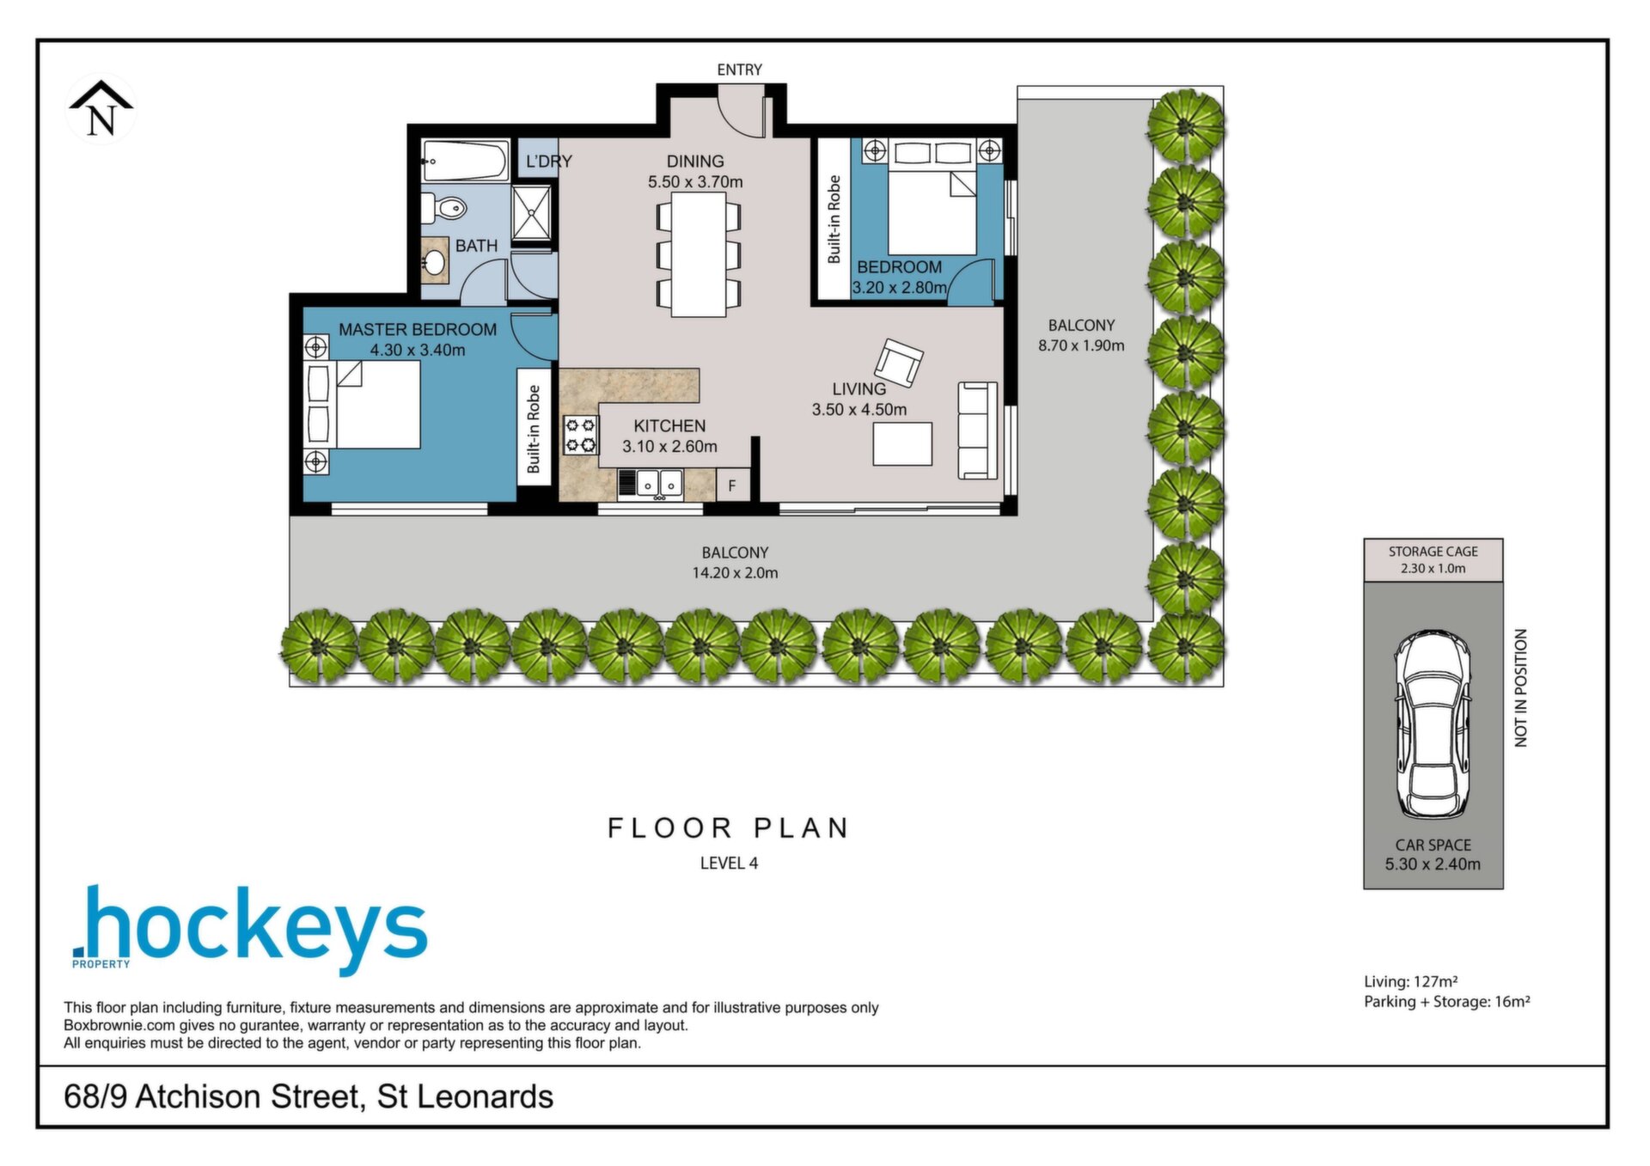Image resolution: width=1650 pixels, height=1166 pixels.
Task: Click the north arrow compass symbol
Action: (x=101, y=109)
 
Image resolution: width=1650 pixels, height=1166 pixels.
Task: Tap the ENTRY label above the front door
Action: (x=739, y=70)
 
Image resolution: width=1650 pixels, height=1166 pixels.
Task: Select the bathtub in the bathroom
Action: (x=464, y=161)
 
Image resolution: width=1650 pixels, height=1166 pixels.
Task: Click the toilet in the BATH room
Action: (x=444, y=208)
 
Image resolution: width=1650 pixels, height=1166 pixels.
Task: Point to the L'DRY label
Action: (x=548, y=162)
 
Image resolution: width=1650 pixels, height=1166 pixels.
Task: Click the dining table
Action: (x=699, y=254)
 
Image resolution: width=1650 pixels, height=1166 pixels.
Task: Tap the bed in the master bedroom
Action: (x=364, y=404)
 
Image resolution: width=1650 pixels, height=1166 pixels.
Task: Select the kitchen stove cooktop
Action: (x=580, y=434)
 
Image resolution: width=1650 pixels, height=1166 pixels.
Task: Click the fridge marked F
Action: (x=732, y=485)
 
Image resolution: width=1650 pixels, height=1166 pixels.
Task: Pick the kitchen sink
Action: (x=659, y=484)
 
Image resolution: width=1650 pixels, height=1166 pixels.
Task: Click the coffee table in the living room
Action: (x=902, y=444)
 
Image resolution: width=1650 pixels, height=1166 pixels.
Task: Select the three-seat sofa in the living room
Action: (x=978, y=430)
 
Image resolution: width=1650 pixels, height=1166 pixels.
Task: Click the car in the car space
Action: (x=1433, y=724)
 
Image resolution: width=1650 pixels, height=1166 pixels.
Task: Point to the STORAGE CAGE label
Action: (x=1433, y=552)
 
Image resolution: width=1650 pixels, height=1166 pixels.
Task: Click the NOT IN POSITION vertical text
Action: (x=1520, y=687)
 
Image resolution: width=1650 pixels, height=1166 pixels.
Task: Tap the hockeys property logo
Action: (x=249, y=929)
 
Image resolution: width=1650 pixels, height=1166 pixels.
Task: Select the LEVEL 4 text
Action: (x=729, y=864)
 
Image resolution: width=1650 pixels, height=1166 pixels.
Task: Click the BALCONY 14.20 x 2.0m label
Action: (x=735, y=563)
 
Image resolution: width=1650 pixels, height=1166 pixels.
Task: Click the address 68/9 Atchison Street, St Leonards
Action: (x=309, y=1097)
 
